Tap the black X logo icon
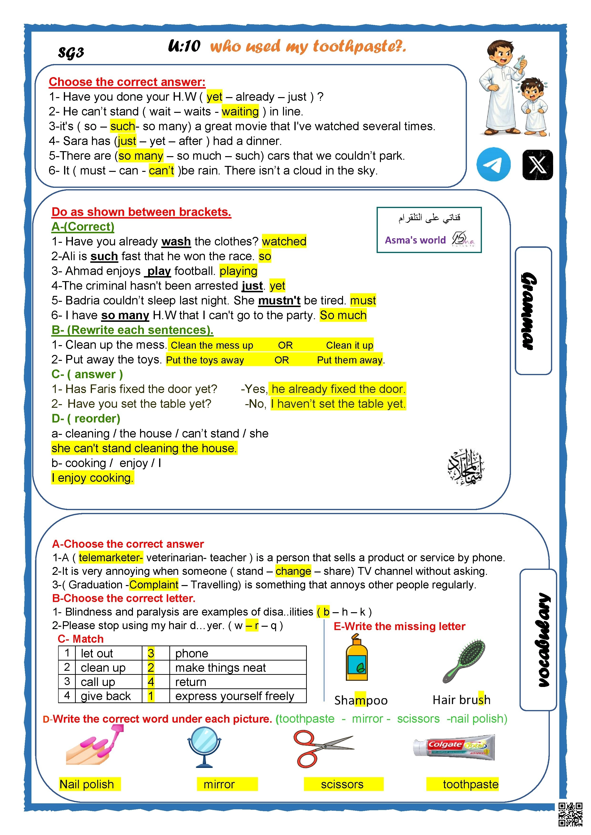(537, 165)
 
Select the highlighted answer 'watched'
(284, 241)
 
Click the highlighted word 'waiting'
(240, 111)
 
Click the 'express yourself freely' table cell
(234, 696)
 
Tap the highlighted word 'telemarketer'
(111, 557)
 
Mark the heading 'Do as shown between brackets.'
(141, 212)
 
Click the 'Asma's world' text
(415, 240)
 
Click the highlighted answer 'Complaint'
(154, 585)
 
